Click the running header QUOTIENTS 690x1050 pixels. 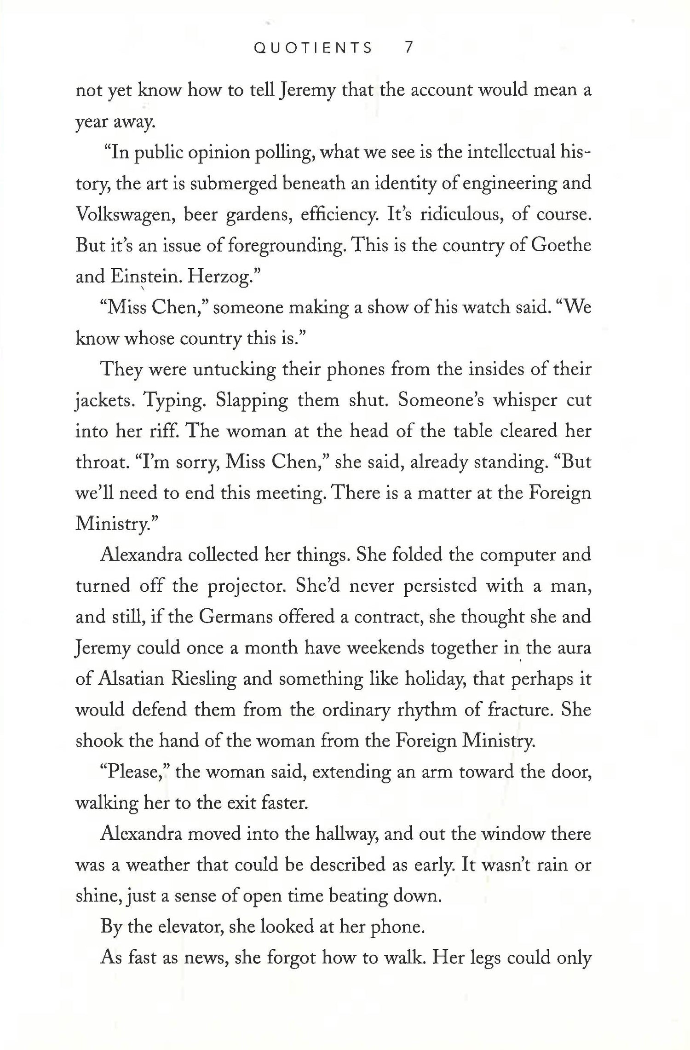pos(313,48)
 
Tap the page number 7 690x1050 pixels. pos(408,48)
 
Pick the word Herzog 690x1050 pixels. pos(224,276)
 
